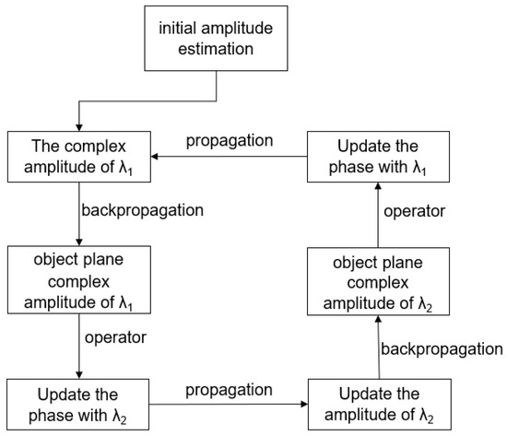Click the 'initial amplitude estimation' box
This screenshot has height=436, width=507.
[217, 40]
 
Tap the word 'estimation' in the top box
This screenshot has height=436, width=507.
[217, 50]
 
